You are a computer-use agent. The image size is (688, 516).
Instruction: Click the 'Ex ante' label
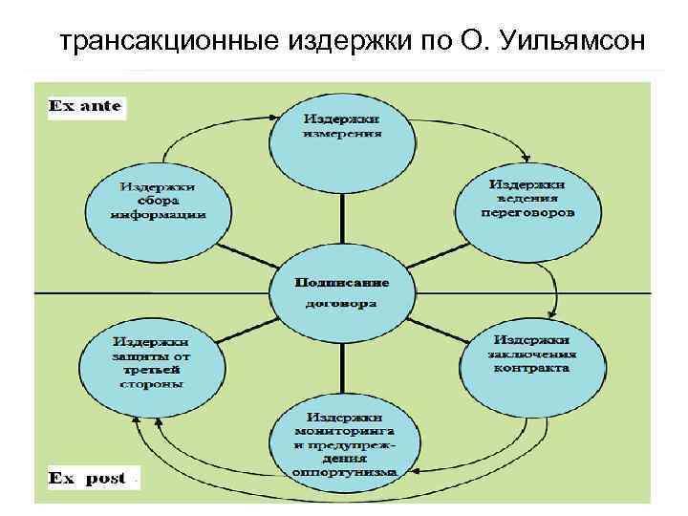pyautogui.click(x=85, y=106)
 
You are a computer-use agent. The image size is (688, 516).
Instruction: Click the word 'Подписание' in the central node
pyautogui.click(x=341, y=283)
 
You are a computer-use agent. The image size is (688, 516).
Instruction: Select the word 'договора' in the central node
pyautogui.click(x=341, y=304)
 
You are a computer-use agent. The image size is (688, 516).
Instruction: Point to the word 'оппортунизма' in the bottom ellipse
pyautogui.click(x=344, y=471)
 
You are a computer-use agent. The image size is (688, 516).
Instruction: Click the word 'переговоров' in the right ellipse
pyautogui.click(x=527, y=213)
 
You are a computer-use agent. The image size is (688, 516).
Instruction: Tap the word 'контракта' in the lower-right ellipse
pyautogui.click(x=531, y=367)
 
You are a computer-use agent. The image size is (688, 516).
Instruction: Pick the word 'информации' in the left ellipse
pyautogui.click(x=158, y=215)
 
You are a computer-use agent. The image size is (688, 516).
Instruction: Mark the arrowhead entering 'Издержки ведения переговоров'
pyautogui.click(x=527, y=161)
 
